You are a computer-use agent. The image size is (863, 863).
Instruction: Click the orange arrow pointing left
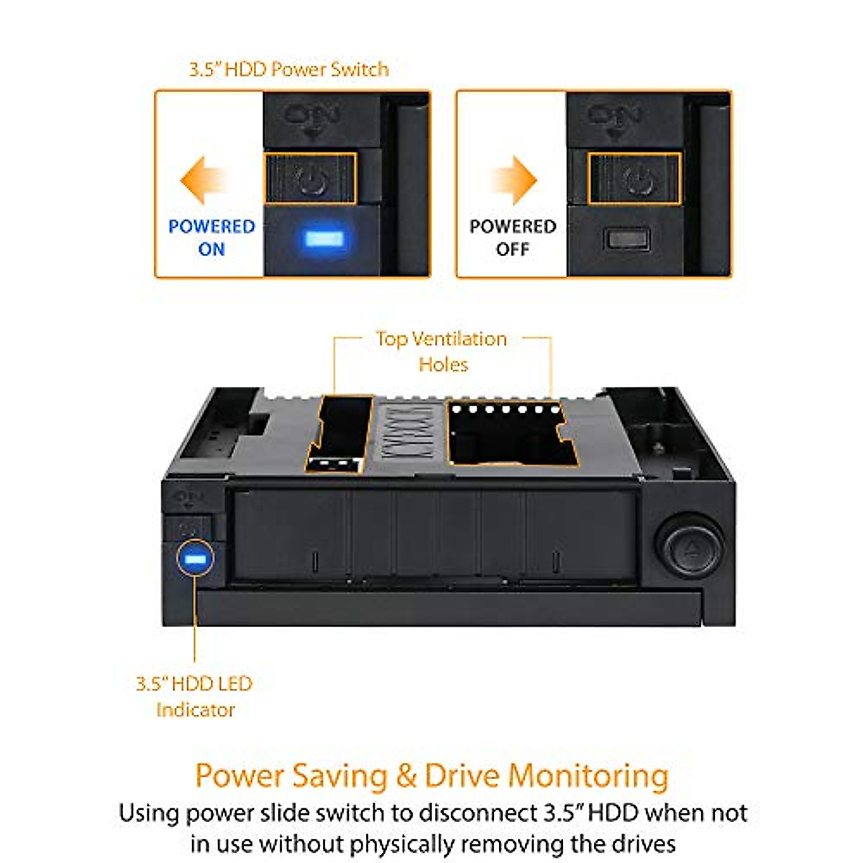click(x=202, y=181)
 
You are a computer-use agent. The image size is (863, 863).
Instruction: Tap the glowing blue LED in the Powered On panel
click(x=322, y=238)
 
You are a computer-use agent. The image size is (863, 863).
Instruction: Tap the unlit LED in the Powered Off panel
click(x=626, y=238)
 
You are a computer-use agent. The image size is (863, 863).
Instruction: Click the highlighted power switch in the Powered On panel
click(x=311, y=178)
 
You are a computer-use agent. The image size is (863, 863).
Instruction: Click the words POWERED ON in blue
click(x=211, y=237)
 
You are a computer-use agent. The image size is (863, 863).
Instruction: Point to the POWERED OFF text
click(x=513, y=237)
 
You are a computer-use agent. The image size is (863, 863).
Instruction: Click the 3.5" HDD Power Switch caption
click(x=288, y=70)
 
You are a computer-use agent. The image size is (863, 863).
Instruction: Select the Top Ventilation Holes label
click(x=442, y=351)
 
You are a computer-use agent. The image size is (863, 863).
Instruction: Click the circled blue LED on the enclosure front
click(x=195, y=559)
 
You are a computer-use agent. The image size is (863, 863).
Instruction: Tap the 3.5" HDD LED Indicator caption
click(x=194, y=696)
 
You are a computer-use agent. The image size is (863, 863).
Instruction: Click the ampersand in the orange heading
click(x=406, y=776)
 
